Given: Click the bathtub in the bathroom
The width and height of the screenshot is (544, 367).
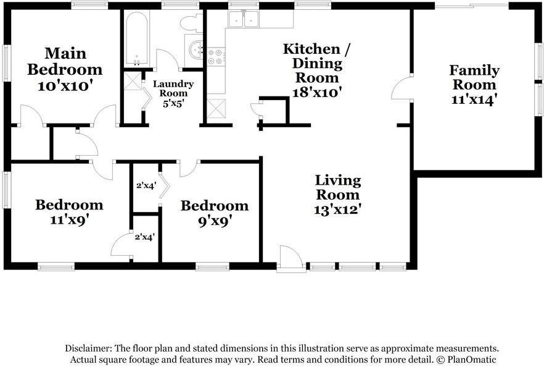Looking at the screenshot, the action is [x=137, y=38].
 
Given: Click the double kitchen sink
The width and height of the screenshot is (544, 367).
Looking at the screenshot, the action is [x=243, y=19].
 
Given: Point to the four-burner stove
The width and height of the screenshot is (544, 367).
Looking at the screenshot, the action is [x=216, y=57].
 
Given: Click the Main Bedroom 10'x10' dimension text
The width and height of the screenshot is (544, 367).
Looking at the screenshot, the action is [x=65, y=86].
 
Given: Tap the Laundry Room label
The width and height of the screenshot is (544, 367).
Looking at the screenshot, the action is [x=173, y=88].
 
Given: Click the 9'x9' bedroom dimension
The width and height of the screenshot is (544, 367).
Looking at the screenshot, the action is [x=215, y=221].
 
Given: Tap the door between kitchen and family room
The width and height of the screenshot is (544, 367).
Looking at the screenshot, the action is [x=402, y=88].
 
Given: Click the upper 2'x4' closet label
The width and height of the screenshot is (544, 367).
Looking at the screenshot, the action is [x=146, y=185].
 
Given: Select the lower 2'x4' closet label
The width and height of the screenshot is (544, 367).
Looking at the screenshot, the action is [x=145, y=237].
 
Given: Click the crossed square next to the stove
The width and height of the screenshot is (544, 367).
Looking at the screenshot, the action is [x=216, y=109].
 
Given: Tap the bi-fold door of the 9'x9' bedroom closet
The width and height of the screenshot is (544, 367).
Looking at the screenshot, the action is [x=164, y=185].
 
